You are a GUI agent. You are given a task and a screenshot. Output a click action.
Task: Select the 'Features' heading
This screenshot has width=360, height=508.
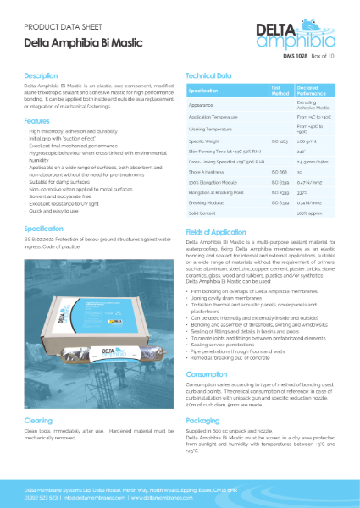click(x=36, y=121)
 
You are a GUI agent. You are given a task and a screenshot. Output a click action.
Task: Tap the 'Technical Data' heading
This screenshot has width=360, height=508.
click(x=208, y=75)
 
